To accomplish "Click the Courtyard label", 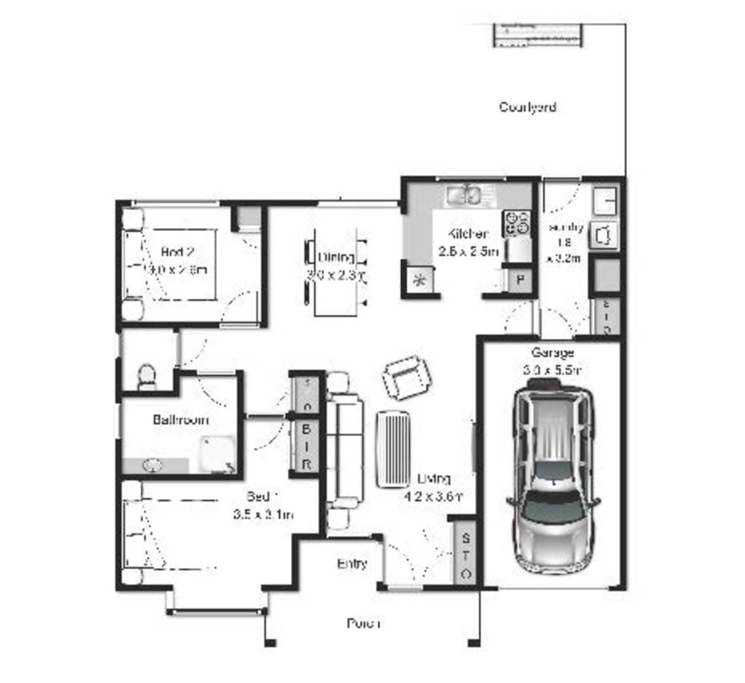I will pyautogui.click(x=527, y=107).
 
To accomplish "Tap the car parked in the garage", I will pyautogui.click(x=553, y=476).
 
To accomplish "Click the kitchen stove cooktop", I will pyautogui.click(x=517, y=223).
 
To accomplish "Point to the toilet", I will pyautogui.click(x=146, y=375).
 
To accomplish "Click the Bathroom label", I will pyautogui.click(x=180, y=420).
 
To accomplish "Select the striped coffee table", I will pyautogui.click(x=394, y=449).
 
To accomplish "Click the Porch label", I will pyautogui.click(x=363, y=623).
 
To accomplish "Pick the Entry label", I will pyautogui.click(x=352, y=564).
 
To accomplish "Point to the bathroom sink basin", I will pyautogui.click(x=152, y=466).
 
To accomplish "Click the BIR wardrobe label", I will pyautogui.click(x=307, y=446).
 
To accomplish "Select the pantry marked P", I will pyautogui.click(x=520, y=280).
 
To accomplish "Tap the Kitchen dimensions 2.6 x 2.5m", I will pyautogui.click(x=468, y=251).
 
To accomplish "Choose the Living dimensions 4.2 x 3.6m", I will pyautogui.click(x=433, y=497).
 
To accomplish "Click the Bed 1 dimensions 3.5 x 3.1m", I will pyautogui.click(x=263, y=515).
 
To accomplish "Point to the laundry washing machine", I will pyautogui.click(x=604, y=235).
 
